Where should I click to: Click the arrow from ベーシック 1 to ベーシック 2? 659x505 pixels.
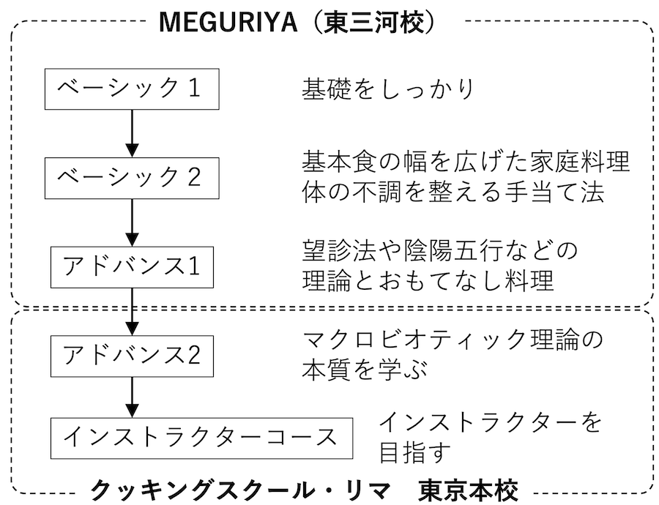pyautogui.click(x=132, y=134)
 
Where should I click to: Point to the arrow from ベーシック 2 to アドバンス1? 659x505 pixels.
pyautogui.click(x=132, y=222)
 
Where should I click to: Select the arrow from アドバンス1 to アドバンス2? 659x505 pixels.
pyautogui.click(x=132, y=312)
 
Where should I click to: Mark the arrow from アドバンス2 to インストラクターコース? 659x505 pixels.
pyautogui.click(x=132, y=397)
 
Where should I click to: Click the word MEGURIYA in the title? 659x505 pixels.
pyautogui.click(x=228, y=22)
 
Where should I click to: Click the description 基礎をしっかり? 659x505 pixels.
pyautogui.click(x=388, y=89)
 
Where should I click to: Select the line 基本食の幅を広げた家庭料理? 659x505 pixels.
pyautogui.click(x=466, y=161)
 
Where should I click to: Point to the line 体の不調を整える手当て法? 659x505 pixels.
pyautogui.click(x=453, y=192)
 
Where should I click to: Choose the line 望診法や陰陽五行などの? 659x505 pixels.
pyautogui.click(x=440, y=251)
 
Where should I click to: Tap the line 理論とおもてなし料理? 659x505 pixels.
pyautogui.click(x=428, y=280)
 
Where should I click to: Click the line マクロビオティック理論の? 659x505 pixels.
pyautogui.click(x=453, y=340)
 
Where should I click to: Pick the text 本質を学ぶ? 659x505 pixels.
pyautogui.click(x=365, y=370)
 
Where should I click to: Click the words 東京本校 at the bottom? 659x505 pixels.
pyautogui.click(x=468, y=490)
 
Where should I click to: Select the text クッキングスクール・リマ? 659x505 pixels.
pyautogui.click(x=241, y=490)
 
